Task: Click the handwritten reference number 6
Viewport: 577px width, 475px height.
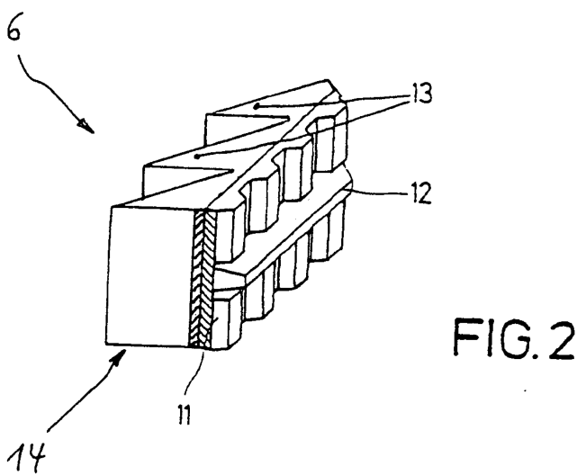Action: point(14,28)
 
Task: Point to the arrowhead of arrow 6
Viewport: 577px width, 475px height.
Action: point(86,125)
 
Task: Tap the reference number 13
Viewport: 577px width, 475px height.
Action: point(420,94)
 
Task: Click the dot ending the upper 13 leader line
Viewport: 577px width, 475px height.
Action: point(257,107)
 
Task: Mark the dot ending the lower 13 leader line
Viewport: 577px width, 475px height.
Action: point(197,157)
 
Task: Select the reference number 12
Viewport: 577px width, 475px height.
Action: point(419,193)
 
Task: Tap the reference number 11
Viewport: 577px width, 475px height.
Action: point(184,415)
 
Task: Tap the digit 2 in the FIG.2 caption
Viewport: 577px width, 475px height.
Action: point(562,339)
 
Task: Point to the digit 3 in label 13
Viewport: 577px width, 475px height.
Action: point(425,94)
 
